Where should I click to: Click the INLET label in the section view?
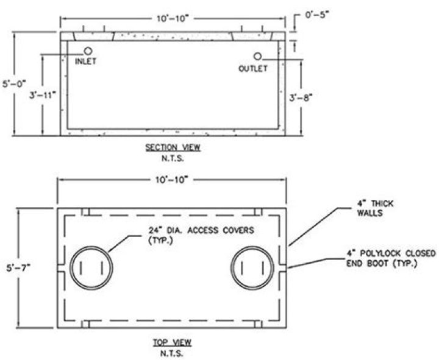[x=86, y=62]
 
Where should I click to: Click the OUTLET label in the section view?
[x=252, y=69]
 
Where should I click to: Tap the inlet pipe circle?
[x=88, y=51]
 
